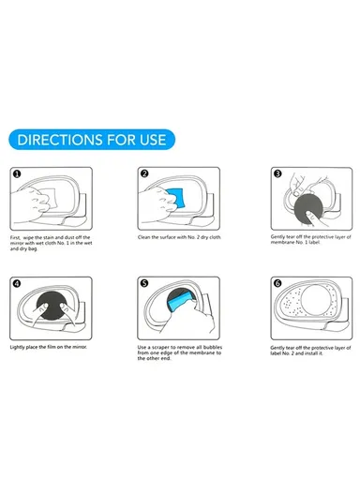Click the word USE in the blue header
pyautogui.click(x=151, y=140)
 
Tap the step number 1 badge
pyautogui.click(x=17, y=173)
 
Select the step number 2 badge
pyautogui.click(x=144, y=173)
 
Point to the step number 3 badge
pyautogui.click(x=277, y=173)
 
